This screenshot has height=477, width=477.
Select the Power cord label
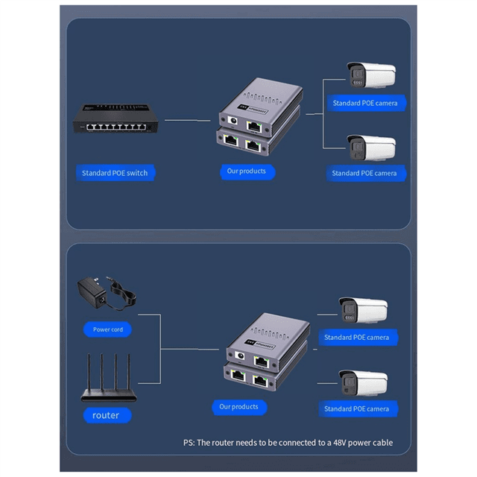pyautogui.click(x=108, y=329)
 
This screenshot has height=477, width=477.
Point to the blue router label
pyautogui.click(x=105, y=415)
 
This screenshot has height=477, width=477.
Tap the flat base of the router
pyautogui.click(x=109, y=396)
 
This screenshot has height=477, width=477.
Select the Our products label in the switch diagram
pyautogui.click(x=246, y=171)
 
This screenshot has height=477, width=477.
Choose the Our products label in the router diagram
pyautogui.click(x=238, y=407)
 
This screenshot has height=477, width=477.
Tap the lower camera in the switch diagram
pyautogui.click(x=370, y=147)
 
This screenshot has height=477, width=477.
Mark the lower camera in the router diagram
pyautogui.click(x=363, y=382)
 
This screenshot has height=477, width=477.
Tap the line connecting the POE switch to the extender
pyautogui.click(x=188, y=119)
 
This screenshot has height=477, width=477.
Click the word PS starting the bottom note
pyautogui.click(x=189, y=443)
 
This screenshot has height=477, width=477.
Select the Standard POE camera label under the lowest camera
pyautogui.click(x=356, y=409)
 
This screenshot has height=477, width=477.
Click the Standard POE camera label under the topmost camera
pyautogui.click(x=364, y=103)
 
